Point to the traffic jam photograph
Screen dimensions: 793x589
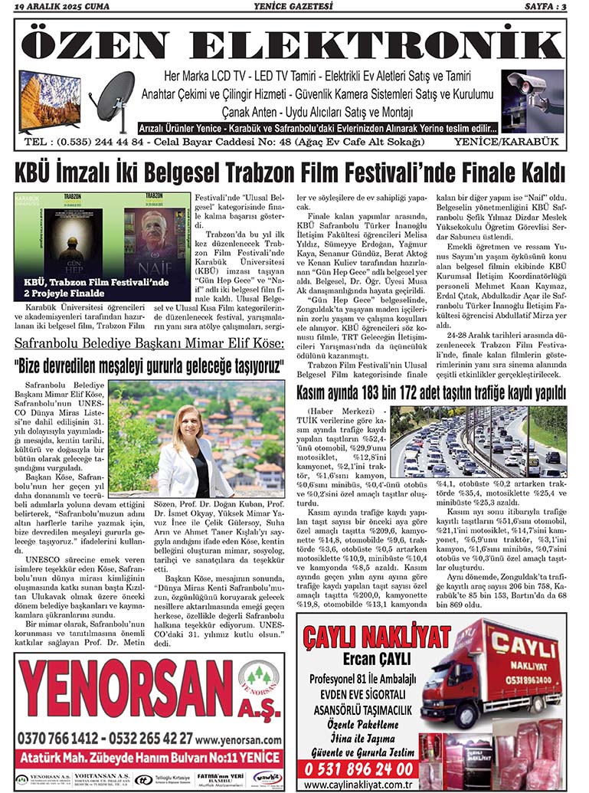[x=489, y=441]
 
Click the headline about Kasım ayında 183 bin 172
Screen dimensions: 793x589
[x=431, y=393]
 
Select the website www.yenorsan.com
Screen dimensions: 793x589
[x=239, y=740]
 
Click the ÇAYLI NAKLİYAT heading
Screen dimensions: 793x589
[x=377, y=637]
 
